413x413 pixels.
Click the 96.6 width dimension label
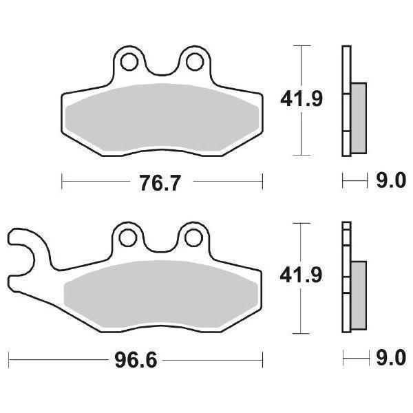coord(136,359)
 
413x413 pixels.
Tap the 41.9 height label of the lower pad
coord(300,276)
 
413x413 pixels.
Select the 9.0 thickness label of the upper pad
coord(390,182)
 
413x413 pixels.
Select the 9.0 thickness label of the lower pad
coord(390,359)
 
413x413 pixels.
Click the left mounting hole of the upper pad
coord(127,62)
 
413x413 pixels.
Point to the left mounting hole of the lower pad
coord(127,238)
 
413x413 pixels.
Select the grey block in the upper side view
coord(359,117)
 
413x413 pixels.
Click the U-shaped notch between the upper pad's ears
coord(161,69)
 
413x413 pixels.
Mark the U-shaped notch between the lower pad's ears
coord(161,246)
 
